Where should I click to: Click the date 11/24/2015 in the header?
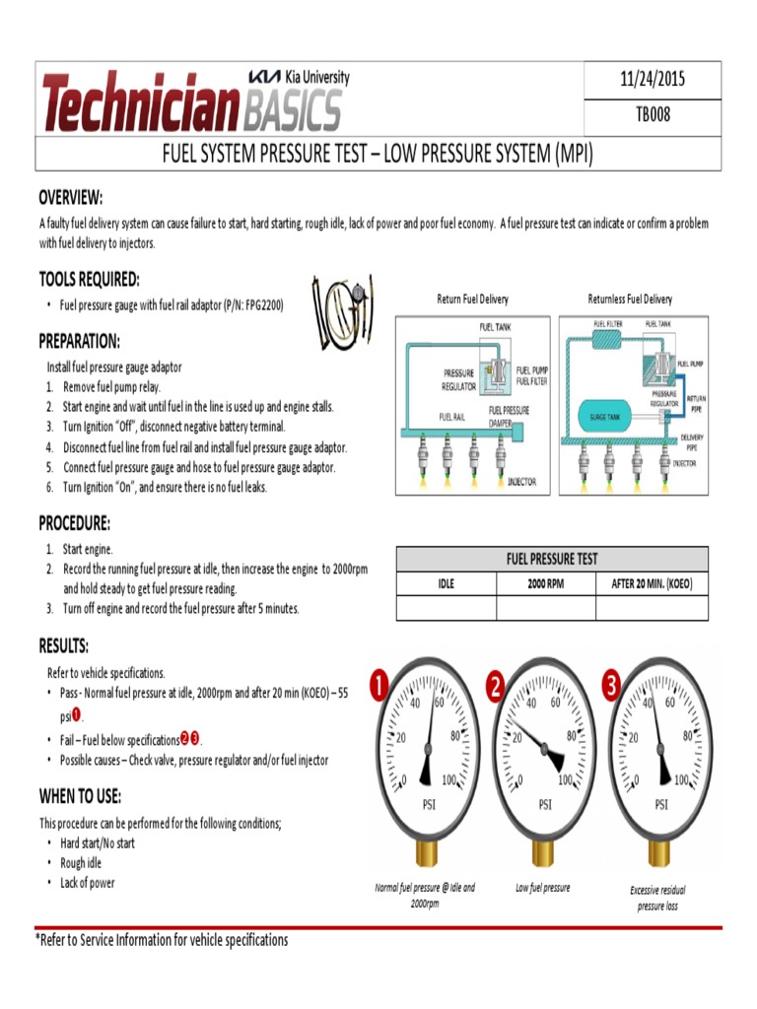[652, 80]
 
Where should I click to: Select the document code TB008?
[652, 115]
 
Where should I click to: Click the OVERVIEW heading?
[70, 198]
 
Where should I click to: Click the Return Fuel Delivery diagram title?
[472, 299]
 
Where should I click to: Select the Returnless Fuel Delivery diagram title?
[630, 299]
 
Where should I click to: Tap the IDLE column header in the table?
[446, 583]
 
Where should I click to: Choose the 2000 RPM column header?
[546, 583]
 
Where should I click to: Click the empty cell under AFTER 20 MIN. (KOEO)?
[652, 608]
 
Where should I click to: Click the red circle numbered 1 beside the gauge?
[379, 685]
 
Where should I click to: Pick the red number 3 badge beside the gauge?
[613, 685]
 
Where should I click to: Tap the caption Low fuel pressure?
[542, 888]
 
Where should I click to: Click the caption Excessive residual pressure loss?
[657, 897]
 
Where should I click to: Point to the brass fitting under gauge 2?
[543, 856]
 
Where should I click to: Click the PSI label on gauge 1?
[429, 804]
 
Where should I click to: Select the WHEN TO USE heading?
[80, 796]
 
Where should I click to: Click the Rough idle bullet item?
[81, 863]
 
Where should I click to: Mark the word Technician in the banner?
[141, 102]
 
